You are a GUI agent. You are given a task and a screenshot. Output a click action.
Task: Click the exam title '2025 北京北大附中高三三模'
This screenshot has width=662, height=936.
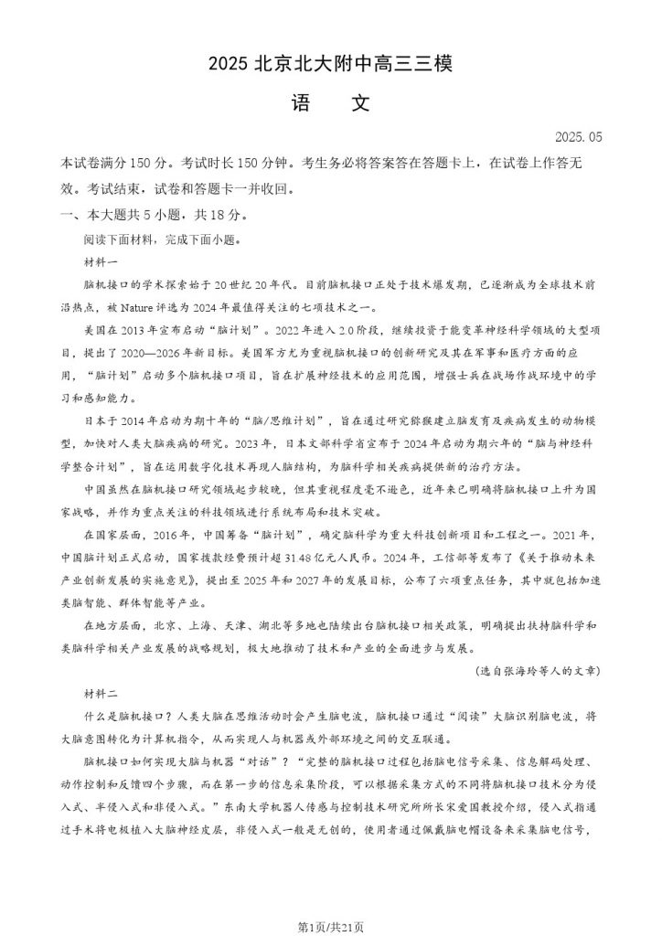click(x=330, y=64)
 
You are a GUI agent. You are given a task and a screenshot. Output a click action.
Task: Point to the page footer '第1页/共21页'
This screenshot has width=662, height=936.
click(x=330, y=926)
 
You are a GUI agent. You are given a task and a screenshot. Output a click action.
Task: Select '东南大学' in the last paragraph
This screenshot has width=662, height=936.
click(x=262, y=807)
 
